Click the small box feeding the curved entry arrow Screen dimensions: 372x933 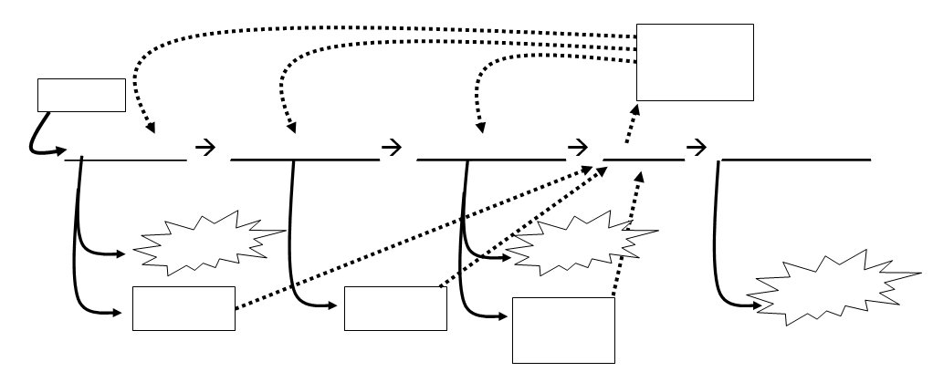pos(80,95)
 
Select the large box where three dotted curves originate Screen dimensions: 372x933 pos(695,62)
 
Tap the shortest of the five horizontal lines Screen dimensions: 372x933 pos(644,160)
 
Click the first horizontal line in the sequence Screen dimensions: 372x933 pos(125,160)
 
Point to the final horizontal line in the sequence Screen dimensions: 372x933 pos(796,160)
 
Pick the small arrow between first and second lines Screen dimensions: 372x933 pos(205,147)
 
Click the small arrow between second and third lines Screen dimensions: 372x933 pos(392,147)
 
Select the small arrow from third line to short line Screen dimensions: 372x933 pos(578,147)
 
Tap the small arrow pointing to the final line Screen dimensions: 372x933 pos(696,147)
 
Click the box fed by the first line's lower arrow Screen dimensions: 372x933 pos(183,308)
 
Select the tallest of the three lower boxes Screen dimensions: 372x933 pos(563,329)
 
